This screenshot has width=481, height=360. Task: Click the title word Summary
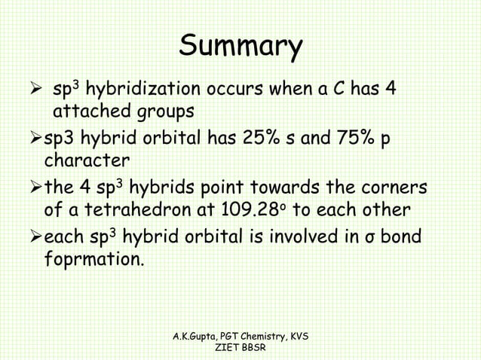coord(240,47)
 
